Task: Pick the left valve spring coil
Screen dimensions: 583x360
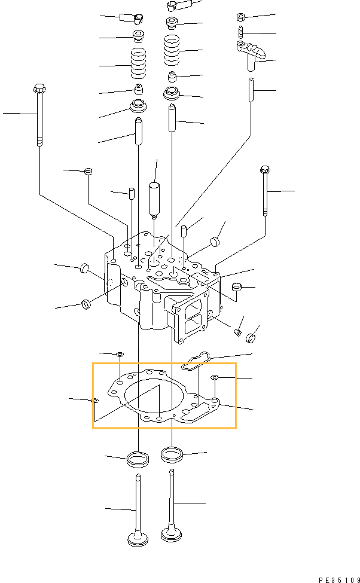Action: click(x=139, y=65)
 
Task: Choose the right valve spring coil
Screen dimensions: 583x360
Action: click(x=172, y=51)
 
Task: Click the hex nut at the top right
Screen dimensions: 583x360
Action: click(x=239, y=17)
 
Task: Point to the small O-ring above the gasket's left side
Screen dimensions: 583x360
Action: click(x=120, y=355)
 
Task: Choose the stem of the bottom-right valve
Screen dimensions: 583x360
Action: click(x=172, y=496)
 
